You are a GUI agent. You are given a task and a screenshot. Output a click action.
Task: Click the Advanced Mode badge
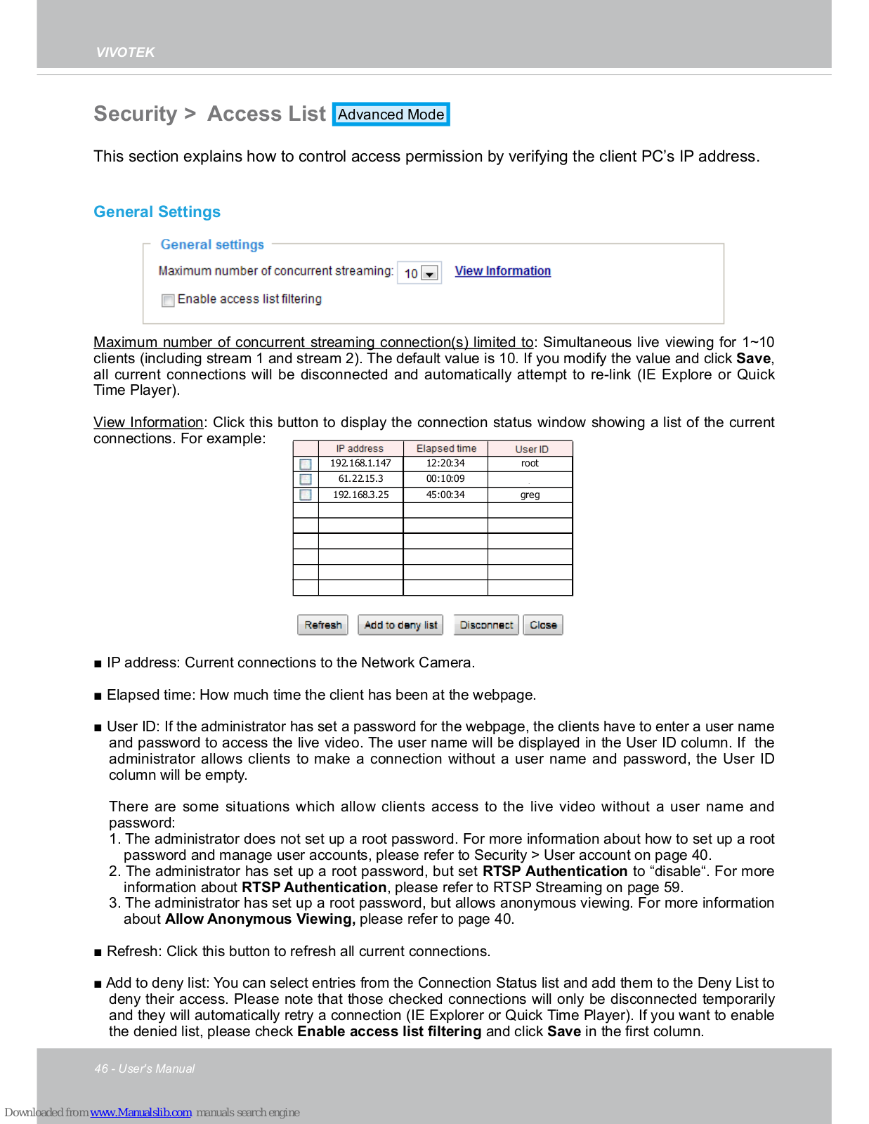point(391,115)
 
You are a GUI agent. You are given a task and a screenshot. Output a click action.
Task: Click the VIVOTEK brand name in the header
point(125,52)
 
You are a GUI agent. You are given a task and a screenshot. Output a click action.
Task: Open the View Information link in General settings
point(502,271)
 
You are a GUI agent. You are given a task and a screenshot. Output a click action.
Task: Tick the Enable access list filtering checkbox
point(168,301)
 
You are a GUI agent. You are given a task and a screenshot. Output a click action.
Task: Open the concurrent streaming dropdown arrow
point(430,273)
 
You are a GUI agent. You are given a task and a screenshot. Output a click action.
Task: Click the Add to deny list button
point(400,625)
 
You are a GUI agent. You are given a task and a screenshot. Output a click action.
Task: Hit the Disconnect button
point(486,625)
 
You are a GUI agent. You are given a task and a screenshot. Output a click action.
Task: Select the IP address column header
point(360,448)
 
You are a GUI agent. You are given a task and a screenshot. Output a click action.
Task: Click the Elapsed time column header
point(446,448)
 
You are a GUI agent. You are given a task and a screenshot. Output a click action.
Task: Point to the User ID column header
point(531,449)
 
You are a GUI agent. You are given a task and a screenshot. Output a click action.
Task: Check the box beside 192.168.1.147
point(306,464)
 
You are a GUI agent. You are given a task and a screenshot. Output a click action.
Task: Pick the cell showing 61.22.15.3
point(360,478)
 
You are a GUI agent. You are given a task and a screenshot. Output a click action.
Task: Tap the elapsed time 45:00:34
point(445,495)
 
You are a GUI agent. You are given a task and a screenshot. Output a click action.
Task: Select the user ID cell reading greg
point(530,495)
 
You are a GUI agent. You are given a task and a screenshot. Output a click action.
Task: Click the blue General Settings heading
point(157,212)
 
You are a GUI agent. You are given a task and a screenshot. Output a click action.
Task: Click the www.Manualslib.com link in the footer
point(141,1112)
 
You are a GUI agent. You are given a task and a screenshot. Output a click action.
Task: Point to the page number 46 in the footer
point(101,1069)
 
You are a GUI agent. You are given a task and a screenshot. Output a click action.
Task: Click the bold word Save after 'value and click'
point(753,358)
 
